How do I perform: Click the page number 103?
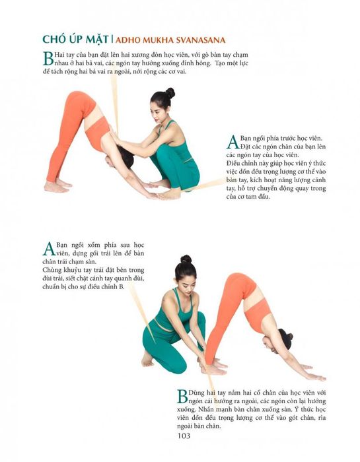coord(184,436)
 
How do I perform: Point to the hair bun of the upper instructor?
coord(170,92)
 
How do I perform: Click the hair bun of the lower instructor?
coord(186,259)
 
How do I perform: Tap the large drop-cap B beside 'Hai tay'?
coord(48,59)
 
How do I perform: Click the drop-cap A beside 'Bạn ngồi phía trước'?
coord(233,142)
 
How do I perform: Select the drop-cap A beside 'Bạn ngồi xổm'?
coord(49,249)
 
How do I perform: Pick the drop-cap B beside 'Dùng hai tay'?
coord(182,396)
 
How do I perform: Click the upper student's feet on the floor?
coord(57,186)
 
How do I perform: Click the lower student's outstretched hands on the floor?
coord(312,372)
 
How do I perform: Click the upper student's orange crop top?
coord(98,133)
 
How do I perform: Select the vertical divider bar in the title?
coord(112,40)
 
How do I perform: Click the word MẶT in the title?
coord(97,39)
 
